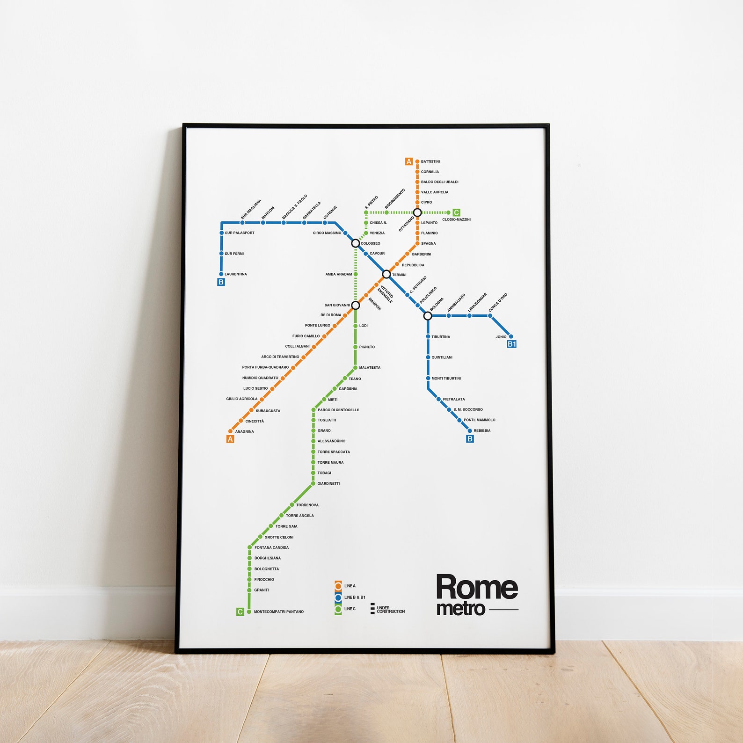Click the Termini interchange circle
pos(386,274)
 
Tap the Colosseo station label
pos(371,243)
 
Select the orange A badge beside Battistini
pos(409,162)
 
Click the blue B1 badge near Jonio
pos(512,344)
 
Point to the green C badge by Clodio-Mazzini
pos(456,213)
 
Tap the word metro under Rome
pos(460,609)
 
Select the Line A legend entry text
pos(350,586)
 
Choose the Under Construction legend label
pos(391,610)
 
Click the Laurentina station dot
pos(221,274)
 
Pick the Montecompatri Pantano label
pos(279,612)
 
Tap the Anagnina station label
pos(245,431)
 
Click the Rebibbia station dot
pos(470,430)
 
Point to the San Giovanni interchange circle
pos(356,306)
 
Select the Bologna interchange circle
pos(428,316)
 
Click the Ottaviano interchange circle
pos(417,213)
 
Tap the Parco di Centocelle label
pos(338,410)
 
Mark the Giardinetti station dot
pos(313,483)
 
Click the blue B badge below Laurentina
pos(221,282)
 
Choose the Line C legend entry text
pos(350,609)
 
